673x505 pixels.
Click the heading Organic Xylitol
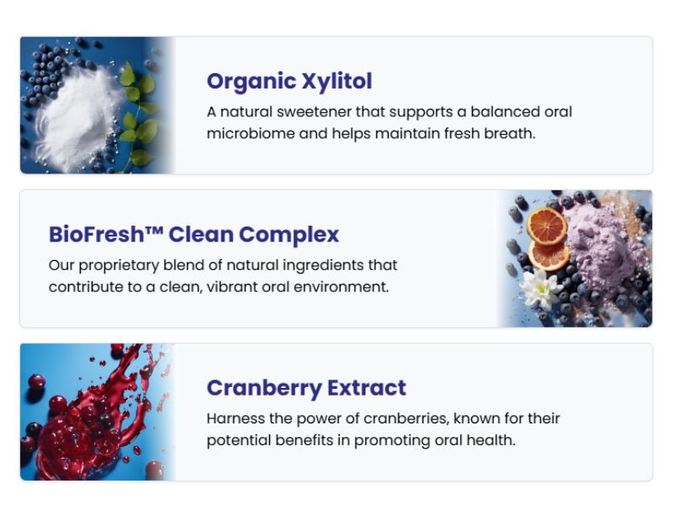coord(289,81)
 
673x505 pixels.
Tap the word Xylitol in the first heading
coord(337,81)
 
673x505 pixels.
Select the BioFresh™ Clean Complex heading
coord(194,235)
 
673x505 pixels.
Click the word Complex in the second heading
coord(289,236)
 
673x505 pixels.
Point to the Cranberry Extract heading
coord(306,388)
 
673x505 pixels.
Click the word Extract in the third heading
coord(367,388)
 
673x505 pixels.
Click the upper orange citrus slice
coord(547,226)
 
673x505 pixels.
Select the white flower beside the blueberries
coord(541,288)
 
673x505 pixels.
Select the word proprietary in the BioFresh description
coord(119,266)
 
